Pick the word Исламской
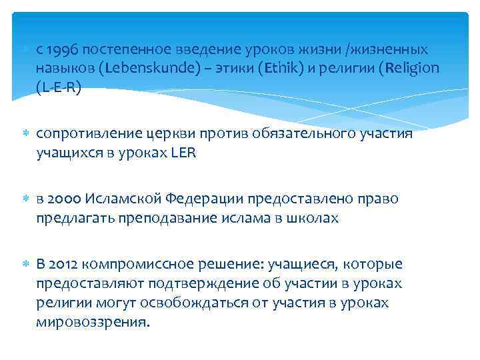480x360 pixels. (123, 199)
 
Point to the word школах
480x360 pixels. (313, 218)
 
